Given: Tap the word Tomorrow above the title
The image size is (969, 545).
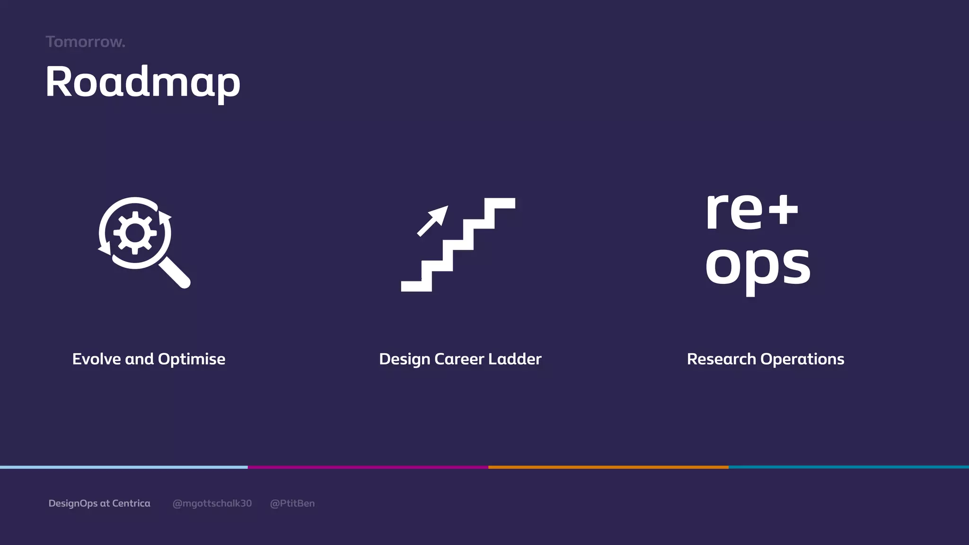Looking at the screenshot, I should (x=85, y=42).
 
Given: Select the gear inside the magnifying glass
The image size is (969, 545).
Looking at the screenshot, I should (x=135, y=233).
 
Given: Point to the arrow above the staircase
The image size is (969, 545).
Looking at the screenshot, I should (x=433, y=220).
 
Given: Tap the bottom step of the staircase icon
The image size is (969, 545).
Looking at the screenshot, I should (x=416, y=286).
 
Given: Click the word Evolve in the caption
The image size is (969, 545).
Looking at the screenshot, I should (x=97, y=359).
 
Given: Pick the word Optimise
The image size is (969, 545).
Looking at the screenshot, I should (x=191, y=359).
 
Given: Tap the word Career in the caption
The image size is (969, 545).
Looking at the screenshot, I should (x=459, y=359).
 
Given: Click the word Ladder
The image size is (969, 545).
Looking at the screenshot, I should (x=515, y=359).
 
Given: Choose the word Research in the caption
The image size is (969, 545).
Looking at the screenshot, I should (x=721, y=359).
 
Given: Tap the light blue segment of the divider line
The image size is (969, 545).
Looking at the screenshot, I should (x=123, y=467).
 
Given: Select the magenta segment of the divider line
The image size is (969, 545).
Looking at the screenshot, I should (x=368, y=467).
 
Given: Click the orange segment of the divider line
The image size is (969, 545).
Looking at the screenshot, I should (x=608, y=467).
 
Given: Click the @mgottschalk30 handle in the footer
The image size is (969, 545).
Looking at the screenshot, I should (x=212, y=503).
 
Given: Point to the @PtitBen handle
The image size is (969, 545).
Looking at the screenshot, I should (x=292, y=503).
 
